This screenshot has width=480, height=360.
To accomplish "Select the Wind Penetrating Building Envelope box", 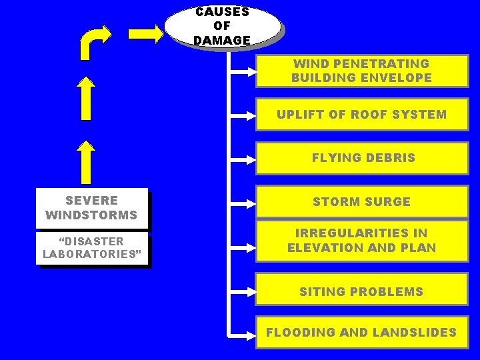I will tap(361, 71).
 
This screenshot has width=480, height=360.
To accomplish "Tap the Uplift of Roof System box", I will tap(361, 114).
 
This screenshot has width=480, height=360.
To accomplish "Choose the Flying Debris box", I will tap(363, 158).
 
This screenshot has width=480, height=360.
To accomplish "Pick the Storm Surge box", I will tap(361, 201).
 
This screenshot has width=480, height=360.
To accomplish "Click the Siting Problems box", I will tap(361, 291).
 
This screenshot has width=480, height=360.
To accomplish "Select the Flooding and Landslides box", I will tap(361, 332).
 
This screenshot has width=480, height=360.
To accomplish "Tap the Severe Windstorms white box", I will tap(91, 208).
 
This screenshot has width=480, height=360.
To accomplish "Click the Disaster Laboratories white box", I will tap(91, 247).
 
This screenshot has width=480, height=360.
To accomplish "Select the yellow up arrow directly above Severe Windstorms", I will tap(85, 162).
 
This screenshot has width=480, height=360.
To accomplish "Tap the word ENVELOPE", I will tap(399, 78).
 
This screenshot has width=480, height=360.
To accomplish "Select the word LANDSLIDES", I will tap(420, 332).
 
